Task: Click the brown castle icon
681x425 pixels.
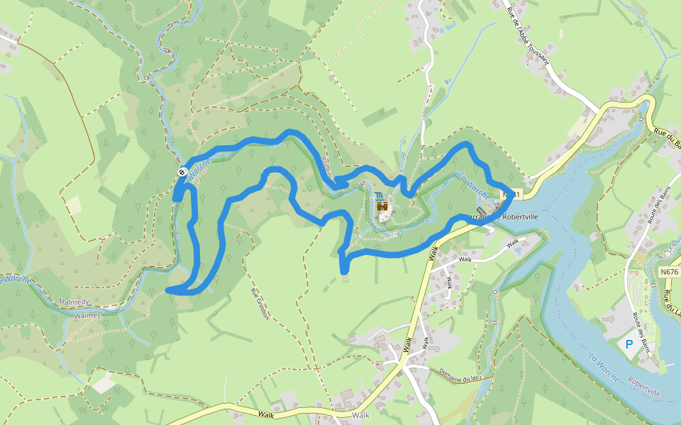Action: click(382, 206)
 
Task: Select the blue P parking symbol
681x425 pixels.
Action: click(629, 344)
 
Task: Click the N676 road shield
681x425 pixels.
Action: click(669, 271)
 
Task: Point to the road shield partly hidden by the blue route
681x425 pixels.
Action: click(512, 193)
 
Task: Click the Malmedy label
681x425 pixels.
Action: click(74, 302)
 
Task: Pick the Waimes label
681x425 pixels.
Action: click(87, 316)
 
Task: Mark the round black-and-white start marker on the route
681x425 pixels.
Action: click(182, 171)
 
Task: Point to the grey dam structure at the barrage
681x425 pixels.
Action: click(492, 210)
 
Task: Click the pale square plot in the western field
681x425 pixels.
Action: click(73, 205)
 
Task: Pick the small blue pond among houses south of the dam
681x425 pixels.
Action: click(516, 249)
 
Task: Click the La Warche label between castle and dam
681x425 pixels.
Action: click(473, 183)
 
